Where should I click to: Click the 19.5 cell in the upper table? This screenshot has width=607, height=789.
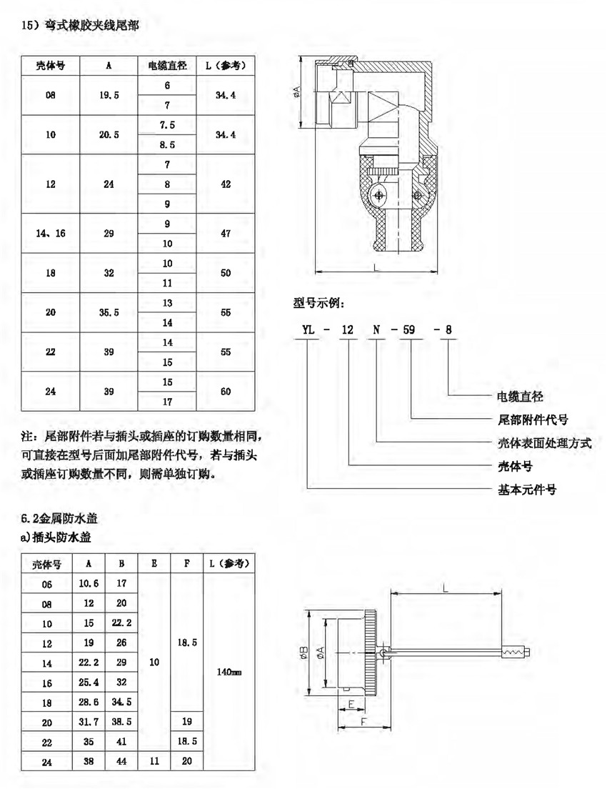pyautogui.click(x=108, y=95)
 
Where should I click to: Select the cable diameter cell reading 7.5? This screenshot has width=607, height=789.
pyautogui.click(x=167, y=124)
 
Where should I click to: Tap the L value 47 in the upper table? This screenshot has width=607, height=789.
pyautogui.click(x=226, y=234)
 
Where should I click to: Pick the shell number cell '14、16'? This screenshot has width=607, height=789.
pyautogui.click(x=51, y=234)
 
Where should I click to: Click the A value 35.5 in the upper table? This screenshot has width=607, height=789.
pyautogui.click(x=108, y=312)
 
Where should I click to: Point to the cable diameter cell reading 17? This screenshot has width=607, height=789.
pyautogui.click(x=167, y=402)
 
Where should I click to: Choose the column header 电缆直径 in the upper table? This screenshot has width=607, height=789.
pyautogui.click(x=167, y=66)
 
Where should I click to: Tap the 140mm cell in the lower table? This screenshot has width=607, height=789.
pyautogui.click(x=229, y=672)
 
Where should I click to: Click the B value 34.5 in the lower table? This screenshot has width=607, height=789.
pyautogui.click(x=121, y=703)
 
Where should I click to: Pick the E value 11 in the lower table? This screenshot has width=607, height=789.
pyautogui.click(x=154, y=762)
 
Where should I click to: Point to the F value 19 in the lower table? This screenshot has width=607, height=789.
pyautogui.click(x=187, y=723)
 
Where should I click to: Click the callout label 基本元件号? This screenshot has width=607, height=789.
pyautogui.click(x=527, y=490)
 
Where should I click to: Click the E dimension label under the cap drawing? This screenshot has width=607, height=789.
pyautogui.click(x=351, y=704)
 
